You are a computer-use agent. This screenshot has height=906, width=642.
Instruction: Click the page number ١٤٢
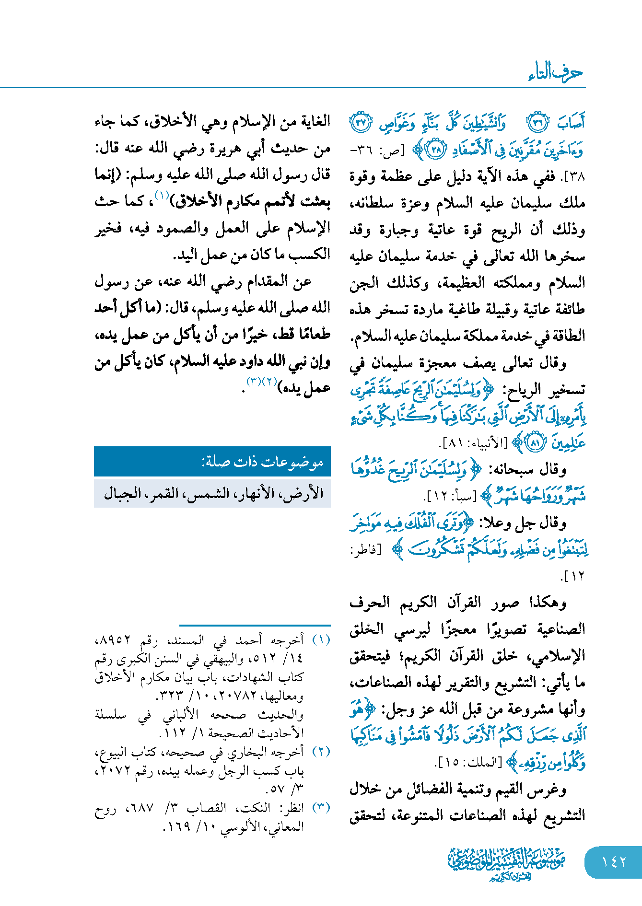pyautogui.click(x=614, y=862)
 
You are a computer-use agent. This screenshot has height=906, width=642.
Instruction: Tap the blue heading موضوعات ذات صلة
pyautogui.click(x=262, y=462)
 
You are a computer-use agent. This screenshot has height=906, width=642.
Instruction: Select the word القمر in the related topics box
pyautogui.click(x=166, y=493)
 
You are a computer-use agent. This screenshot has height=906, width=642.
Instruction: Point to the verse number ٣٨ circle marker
pyautogui.click(x=436, y=150)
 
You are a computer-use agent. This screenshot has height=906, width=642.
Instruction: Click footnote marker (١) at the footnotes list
pyautogui.click(x=321, y=640)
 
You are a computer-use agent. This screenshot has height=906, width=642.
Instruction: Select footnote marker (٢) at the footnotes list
pyautogui.click(x=321, y=752)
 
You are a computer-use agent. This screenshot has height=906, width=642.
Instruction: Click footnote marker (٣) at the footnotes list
pyautogui.click(x=321, y=808)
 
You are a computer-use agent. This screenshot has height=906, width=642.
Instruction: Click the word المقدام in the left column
pyautogui.click(x=267, y=281)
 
